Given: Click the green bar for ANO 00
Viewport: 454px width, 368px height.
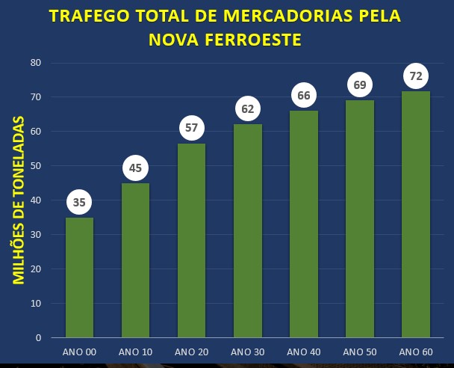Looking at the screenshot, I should coord(80,277).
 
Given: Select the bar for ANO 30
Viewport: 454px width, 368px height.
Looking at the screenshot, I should coord(248,230).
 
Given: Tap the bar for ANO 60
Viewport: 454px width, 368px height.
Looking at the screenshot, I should coord(416,214).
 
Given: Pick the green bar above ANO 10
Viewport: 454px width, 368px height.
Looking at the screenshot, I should coord(135,260).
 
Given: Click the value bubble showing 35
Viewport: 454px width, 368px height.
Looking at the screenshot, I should coord(80,202).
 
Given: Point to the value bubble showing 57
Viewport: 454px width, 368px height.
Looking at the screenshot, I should coord(192,128).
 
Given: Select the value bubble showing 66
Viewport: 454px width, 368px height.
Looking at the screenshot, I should coord(304,96).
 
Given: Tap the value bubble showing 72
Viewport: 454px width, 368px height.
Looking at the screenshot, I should coord(416,76).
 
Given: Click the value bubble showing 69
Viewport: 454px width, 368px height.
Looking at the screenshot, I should coord(360,85).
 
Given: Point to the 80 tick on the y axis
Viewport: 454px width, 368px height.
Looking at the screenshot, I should coord(35,63).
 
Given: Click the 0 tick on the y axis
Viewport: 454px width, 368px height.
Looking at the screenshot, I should coord(37,338).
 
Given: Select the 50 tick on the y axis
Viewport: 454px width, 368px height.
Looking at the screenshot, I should coord(35,166).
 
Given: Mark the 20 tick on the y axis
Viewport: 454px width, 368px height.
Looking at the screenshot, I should coord(35,269).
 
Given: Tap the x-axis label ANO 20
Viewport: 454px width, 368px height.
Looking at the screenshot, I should coord(191,352).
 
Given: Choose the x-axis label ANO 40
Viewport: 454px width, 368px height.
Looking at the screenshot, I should coord(303,352).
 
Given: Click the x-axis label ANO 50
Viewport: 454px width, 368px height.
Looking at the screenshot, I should coord(359,352).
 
